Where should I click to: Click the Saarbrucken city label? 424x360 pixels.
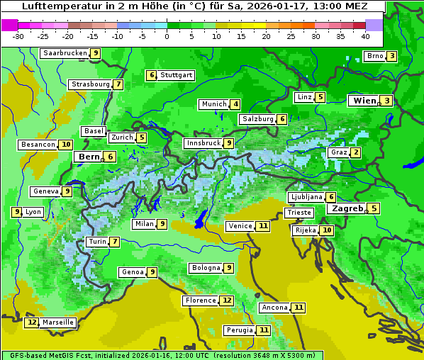coord(65,53)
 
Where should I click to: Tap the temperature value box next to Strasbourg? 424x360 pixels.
coord(118,85)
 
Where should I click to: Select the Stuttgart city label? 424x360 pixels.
coord(176,75)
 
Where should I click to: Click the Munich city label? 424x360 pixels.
coord(213,104)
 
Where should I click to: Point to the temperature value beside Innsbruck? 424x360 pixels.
coord(228,143)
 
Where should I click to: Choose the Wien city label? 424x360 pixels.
coord(364,101)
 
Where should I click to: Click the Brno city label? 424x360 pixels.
coord(374,56)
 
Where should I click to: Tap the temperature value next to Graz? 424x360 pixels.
coord(355,152)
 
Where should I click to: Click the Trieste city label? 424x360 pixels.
coord(299,213)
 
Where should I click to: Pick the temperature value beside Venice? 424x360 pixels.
coord(263,226)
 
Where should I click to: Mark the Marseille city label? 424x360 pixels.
coord(57,322)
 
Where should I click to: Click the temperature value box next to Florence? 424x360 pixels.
coord(227,300)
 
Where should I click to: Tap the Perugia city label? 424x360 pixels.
coord(238,330)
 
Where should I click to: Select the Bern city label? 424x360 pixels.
coord(89,157)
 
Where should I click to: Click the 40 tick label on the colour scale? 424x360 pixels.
coord(365,36)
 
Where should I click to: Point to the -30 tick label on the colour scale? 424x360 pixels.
coord(18,36)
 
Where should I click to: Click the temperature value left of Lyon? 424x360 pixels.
coord(16,212)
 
